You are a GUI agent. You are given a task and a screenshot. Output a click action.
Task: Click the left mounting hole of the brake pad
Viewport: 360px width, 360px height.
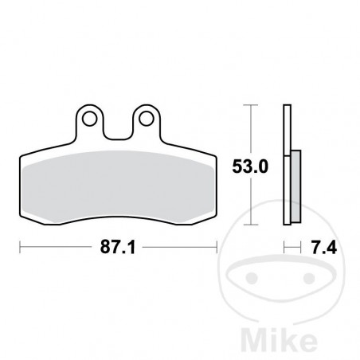click(92, 119)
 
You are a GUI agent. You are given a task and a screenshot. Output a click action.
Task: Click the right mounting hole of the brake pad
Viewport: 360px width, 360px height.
click(146, 119)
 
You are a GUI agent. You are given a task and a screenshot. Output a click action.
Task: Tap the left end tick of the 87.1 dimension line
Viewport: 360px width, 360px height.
click(20, 247)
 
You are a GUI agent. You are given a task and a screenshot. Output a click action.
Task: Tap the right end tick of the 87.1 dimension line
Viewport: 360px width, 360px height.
click(217, 247)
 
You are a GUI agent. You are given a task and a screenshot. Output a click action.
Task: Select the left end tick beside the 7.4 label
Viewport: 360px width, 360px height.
click(285, 247)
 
